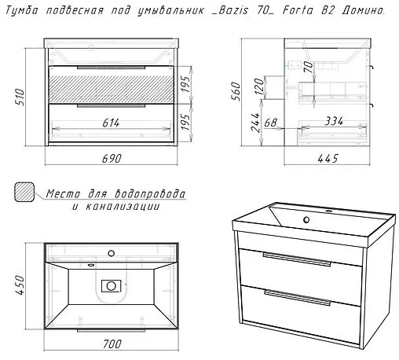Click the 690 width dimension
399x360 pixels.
112,158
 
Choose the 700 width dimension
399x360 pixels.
112,343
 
